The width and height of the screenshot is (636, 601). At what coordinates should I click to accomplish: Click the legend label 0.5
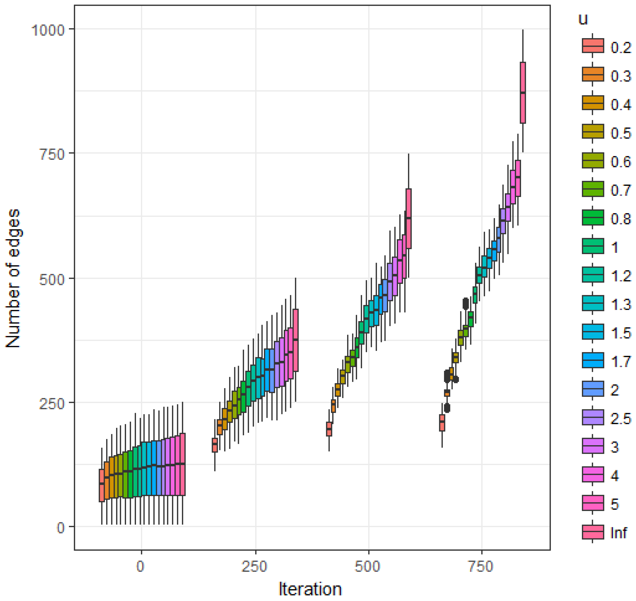pos(621,132)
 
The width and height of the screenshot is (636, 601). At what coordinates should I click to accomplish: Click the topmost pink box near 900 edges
pos(522,93)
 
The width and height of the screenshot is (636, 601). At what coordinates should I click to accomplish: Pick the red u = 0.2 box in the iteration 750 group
pos(442,423)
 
